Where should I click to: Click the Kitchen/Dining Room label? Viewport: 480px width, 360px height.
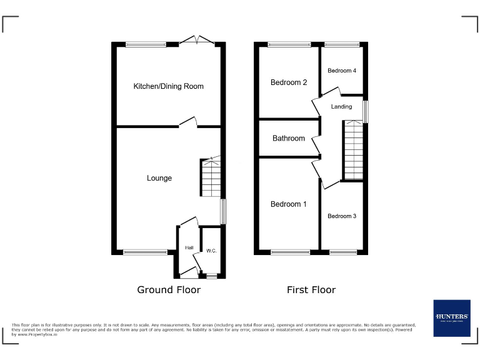point(168,86)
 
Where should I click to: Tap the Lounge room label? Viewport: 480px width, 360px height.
point(159,178)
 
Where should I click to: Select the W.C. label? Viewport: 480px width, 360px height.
point(211,251)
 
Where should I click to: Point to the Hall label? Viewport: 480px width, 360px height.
point(189,248)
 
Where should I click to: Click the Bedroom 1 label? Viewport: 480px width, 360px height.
point(288,204)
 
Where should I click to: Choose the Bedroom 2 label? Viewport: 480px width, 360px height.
point(288,82)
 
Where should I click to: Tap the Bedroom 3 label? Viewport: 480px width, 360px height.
point(342,216)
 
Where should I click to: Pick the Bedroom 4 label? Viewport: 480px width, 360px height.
point(342,71)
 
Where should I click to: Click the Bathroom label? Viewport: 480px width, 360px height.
point(288,138)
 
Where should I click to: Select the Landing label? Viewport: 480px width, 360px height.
point(341,107)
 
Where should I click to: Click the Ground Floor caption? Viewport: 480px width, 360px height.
point(169,290)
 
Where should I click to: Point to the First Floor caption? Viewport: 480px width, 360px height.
point(311,290)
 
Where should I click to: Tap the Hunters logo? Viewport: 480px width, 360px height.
point(452,318)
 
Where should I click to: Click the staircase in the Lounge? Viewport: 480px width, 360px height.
point(211,177)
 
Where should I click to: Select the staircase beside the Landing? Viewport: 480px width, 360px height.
point(353,150)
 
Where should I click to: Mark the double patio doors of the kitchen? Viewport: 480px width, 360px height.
point(196,41)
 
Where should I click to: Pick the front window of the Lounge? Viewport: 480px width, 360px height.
point(145,252)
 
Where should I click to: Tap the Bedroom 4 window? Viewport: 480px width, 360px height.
point(342,44)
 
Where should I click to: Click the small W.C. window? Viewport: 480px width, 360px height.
point(211,276)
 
